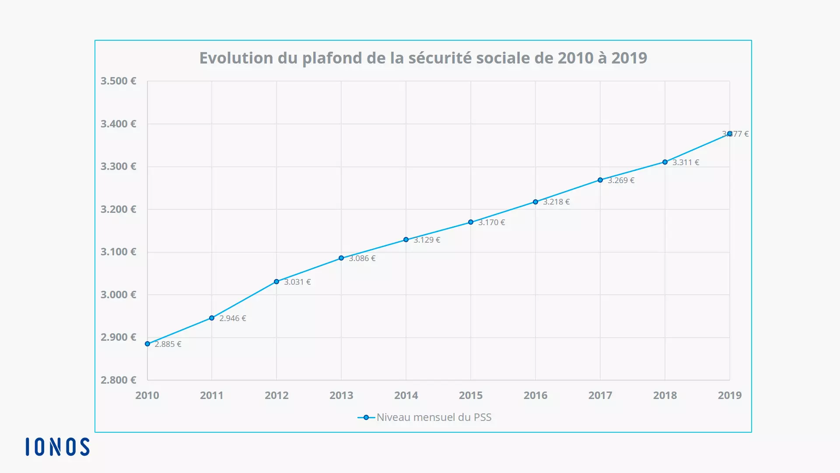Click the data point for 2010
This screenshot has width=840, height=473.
(x=147, y=344)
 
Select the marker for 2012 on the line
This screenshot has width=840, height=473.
(x=276, y=282)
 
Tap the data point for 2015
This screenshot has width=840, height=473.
(x=471, y=222)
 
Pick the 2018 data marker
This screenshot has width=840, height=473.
(x=665, y=162)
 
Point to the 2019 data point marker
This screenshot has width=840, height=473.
(x=730, y=134)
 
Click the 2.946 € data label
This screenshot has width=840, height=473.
(x=232, y=318)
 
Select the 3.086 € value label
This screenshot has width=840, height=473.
(x=362, y=258)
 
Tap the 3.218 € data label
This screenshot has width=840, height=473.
(x=556, y=202)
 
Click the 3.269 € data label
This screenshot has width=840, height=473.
(x=621, y=180)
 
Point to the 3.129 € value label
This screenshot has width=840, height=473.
(x=427, y=240)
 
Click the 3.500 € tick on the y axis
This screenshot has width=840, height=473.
(x=119, y=81)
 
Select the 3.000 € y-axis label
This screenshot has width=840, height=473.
(x=119, y=295)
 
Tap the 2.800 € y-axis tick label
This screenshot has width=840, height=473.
(x=119, y=380)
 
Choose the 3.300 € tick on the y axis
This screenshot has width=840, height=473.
(x=119, y=166)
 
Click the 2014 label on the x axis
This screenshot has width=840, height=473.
(x=406, y=395)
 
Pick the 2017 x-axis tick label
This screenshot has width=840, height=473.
(x=600, y=395)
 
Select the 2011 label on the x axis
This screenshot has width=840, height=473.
(x=212, y=395)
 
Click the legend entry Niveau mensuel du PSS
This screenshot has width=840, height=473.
(x=433, y=417)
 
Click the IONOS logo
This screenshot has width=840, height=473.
(x=57, y=447)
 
